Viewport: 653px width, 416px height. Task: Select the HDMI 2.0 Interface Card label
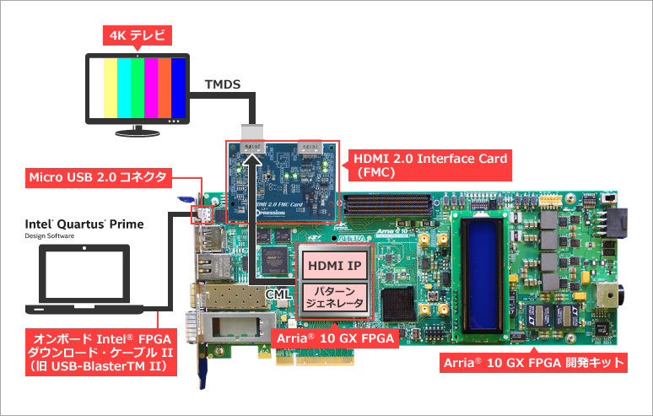coord(429,164)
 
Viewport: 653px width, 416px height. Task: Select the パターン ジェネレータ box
coord(334,296)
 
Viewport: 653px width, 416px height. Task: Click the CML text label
coord(279,292)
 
